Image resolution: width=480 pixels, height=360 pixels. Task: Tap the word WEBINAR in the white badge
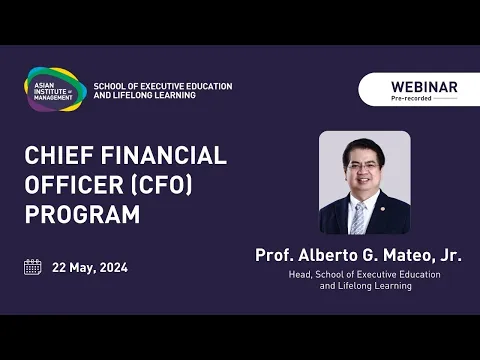click(424, 87)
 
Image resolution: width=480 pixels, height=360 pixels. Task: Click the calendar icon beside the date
click(33, 267)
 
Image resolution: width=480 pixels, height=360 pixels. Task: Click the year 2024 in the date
click(112, 268)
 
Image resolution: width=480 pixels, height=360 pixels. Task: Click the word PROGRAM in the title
click(82, 215)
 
